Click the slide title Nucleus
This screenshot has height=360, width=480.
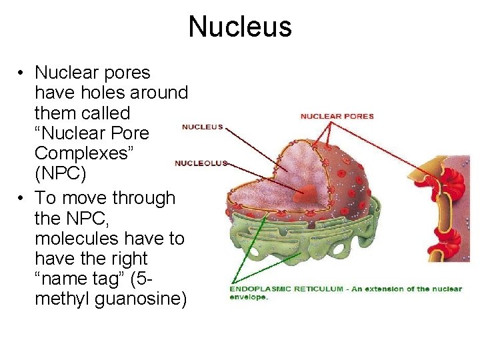click(240, 27)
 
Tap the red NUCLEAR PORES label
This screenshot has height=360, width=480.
click(337, 116)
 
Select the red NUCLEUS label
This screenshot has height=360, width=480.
click(203, 127)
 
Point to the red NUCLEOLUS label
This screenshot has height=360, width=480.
click(201, 163)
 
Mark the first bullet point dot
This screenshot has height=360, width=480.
click(22, 73)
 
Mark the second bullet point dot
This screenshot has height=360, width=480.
click(22, 198)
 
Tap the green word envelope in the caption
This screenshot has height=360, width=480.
click(249, 297)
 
